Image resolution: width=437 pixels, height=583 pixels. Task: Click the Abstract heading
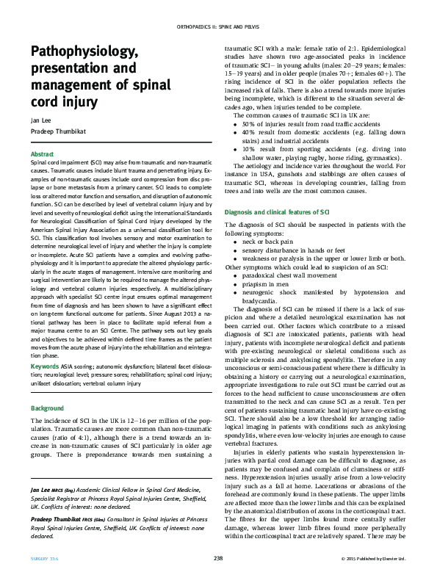click(x=42, y=153)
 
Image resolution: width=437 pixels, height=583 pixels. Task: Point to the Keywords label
click(x=45, y=365)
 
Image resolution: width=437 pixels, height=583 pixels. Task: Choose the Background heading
click(x=47, y=408)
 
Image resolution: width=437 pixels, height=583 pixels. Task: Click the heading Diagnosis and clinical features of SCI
click(x=276, y=211)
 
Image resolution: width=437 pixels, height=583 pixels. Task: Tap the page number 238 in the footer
click(x=218, y=560)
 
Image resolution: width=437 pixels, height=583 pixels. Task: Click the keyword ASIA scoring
click(x=77, y=365)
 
